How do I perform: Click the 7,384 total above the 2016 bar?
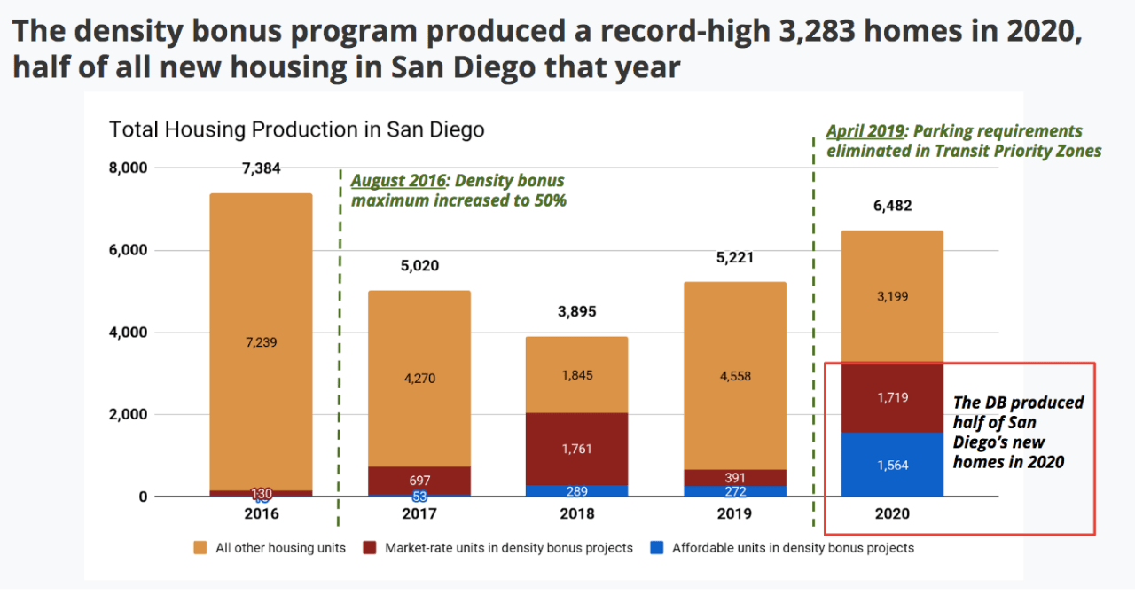[261, 168]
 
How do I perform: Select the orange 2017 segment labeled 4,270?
[419, 378]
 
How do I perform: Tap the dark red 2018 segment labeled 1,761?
[577, 450]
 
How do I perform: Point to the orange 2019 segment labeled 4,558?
[734, 376]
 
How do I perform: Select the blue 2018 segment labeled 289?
[577, 490]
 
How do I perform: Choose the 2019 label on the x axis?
[734, 514]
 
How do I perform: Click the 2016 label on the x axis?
[261, 514]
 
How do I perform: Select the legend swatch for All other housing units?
[200, 548]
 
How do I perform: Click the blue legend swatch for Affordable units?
[656, 548]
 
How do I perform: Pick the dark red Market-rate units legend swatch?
[369, 548]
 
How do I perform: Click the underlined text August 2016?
[398, 181]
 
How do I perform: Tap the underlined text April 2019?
[865, 131]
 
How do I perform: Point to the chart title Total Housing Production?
[296, 129]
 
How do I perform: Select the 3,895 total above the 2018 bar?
[577, 311]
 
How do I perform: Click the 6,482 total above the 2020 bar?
[892, 206]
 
